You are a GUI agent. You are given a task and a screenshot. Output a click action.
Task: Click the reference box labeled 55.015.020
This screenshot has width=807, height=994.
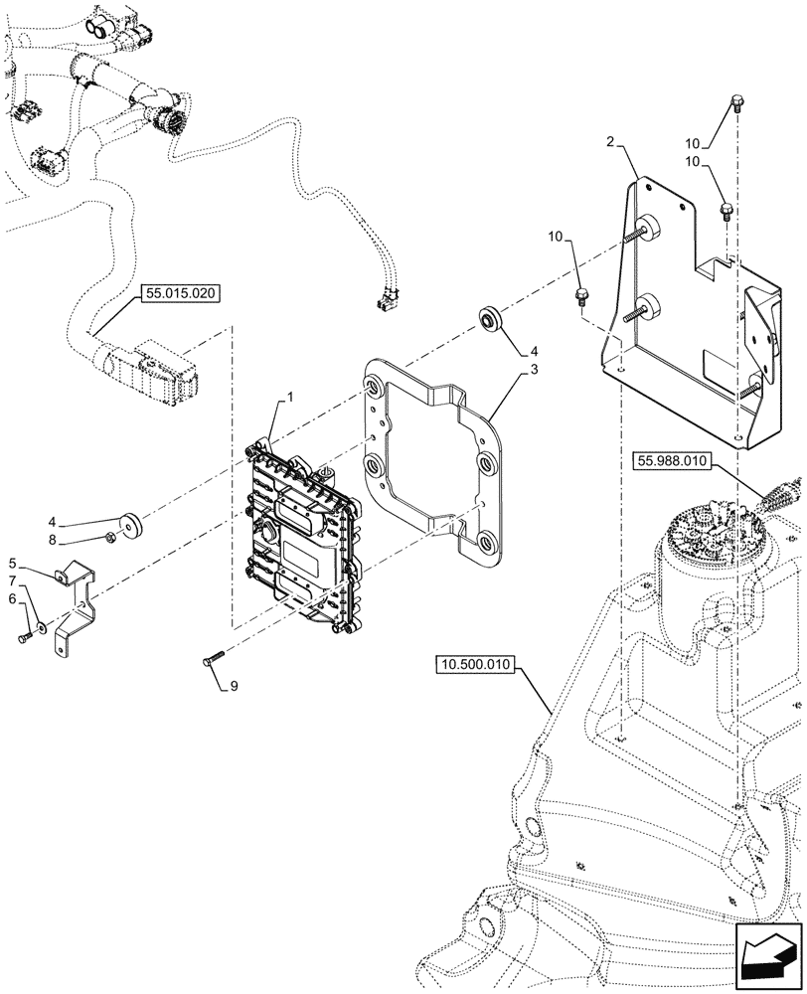(184, 294)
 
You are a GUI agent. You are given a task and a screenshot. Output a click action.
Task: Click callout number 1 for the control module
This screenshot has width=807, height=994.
(290, 398)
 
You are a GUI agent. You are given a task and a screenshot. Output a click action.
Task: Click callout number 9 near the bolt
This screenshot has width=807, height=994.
(235, 685)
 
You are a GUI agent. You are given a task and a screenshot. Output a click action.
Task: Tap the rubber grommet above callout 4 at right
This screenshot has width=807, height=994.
(489, 318)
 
